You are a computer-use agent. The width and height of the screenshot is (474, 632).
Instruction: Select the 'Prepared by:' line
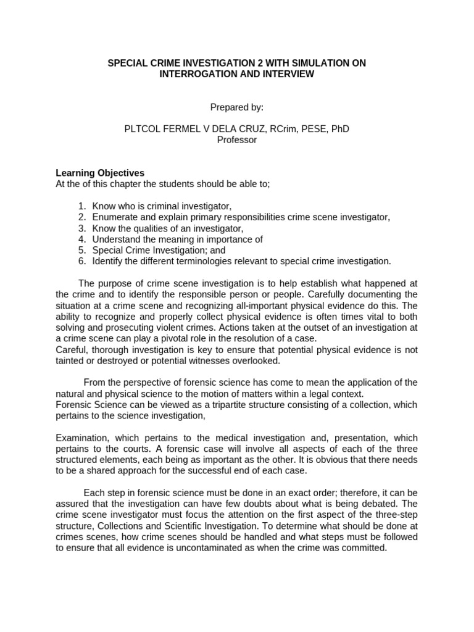click(237, 107)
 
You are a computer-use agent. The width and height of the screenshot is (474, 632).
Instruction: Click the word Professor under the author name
click(237, 139)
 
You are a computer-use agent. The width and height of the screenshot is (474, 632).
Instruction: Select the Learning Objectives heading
click(100, 173)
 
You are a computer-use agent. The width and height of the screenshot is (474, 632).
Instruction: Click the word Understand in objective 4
click(115, 239)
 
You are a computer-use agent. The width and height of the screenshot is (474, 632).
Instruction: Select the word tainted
click(72, 361)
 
